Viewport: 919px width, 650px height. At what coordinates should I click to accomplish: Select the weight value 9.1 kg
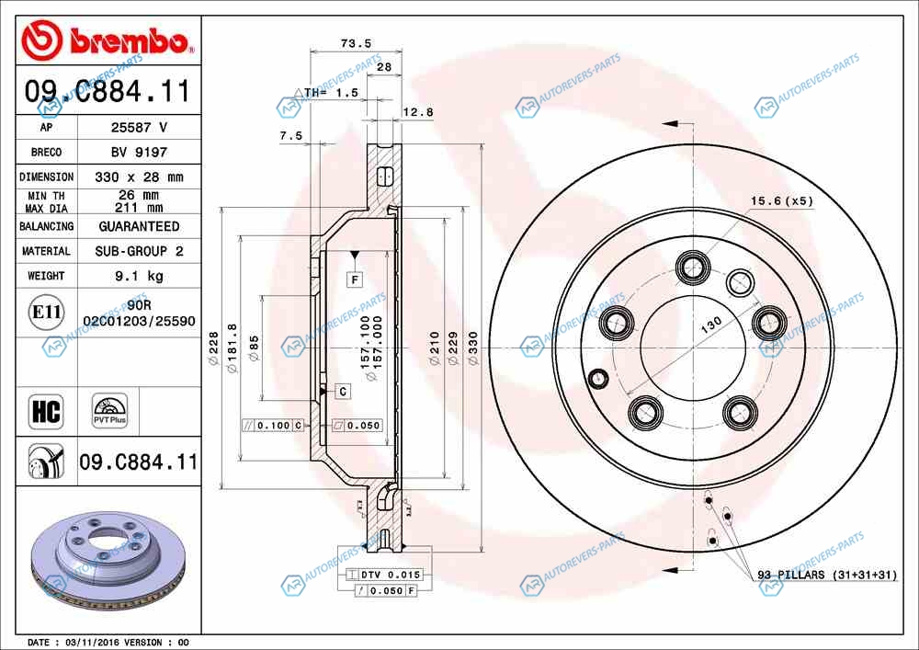pyautogui.click(x=139, y=276)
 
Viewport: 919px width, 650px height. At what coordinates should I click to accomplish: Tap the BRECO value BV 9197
pyautogui.click(x=139, y=152)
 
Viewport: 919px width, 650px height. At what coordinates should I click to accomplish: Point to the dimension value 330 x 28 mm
pyautogui.click(x=139, y=177)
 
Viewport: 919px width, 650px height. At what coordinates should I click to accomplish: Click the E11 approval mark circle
pyautogui.click(x=46, y=312)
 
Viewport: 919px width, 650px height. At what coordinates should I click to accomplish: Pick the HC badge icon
pyautogui.click(x=46, y=411)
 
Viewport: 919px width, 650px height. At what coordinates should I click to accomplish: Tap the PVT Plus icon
pyautogui.click(x=109, y=411)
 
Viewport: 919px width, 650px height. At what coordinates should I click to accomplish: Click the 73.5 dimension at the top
pyautogui.click(x=356, y=43)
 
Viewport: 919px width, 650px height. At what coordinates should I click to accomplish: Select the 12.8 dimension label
pyautogui.click(x=418, y=112)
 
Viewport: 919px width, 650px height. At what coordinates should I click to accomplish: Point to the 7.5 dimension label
pyautogui.click(x=290, y=135)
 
